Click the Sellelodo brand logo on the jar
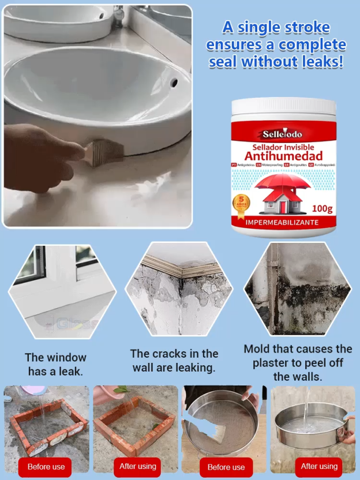click(283, 134)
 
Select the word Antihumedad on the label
click(283, 156)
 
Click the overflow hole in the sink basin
click(172, 83)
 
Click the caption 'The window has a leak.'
click(55, 365)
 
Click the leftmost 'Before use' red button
click(47, 467)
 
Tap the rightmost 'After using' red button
click(319, 466)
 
